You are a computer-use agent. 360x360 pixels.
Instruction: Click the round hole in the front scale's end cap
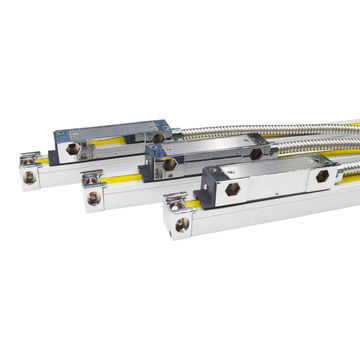[181, 226]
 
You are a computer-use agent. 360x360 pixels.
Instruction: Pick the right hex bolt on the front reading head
[321, 176]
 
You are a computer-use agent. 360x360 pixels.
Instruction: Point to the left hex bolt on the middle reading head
[170, 162]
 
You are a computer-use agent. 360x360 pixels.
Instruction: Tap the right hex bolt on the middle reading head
[257, 154]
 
